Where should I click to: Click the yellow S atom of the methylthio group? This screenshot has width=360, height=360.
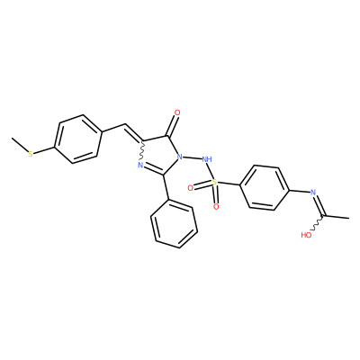pos(31,154)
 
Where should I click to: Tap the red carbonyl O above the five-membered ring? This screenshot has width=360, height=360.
pos(177,113)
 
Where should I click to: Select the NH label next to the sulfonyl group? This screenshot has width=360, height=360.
pos(207,158)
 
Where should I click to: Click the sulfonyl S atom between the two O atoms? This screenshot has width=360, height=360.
pos(214,182)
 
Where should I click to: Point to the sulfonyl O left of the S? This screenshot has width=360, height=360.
pos(190,188)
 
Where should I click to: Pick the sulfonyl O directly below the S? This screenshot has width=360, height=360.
pos(216,206)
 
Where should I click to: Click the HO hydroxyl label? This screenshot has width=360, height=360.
pos(306,235)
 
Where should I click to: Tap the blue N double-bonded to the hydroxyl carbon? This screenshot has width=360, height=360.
pos(313,193)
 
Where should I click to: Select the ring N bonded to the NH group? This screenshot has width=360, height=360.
pos(180,157)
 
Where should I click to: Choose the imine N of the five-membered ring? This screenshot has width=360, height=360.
pos(140,165)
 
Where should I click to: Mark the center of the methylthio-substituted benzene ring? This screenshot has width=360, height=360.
pos(78,139)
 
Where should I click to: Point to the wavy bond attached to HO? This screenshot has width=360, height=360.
pos(317,223)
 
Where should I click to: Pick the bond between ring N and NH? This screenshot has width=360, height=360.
pos(193,157)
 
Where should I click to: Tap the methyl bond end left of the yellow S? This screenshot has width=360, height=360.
pos(12,139)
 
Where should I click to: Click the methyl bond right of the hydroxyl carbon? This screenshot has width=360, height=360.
pos(337,217)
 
